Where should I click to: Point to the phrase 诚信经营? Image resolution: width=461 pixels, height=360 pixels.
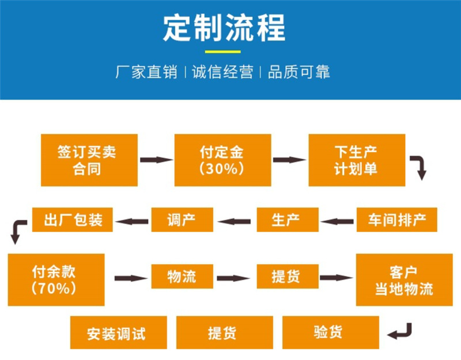click(x=222, y=73)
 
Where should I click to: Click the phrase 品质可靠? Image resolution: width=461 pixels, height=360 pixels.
click(x=298, y=73)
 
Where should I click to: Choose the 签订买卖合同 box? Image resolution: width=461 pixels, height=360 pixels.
click(x=89, y=160)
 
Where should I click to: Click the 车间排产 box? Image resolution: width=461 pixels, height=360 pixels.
click(x=397, y=219)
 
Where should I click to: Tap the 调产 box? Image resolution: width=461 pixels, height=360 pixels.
click(x=182, y=219)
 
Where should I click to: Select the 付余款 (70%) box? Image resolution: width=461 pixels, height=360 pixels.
click(x=56, y=279)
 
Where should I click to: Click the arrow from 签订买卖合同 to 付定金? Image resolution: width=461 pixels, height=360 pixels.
click(x=156, y=160)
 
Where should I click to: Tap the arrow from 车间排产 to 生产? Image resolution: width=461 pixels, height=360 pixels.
click(x=338, y=219)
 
